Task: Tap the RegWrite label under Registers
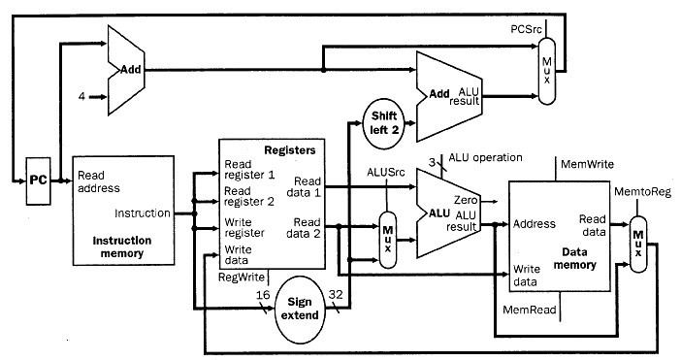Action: click(x=243, y=277)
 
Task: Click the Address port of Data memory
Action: click(x=535, y=224)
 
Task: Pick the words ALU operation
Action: click(x=485, y=157)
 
